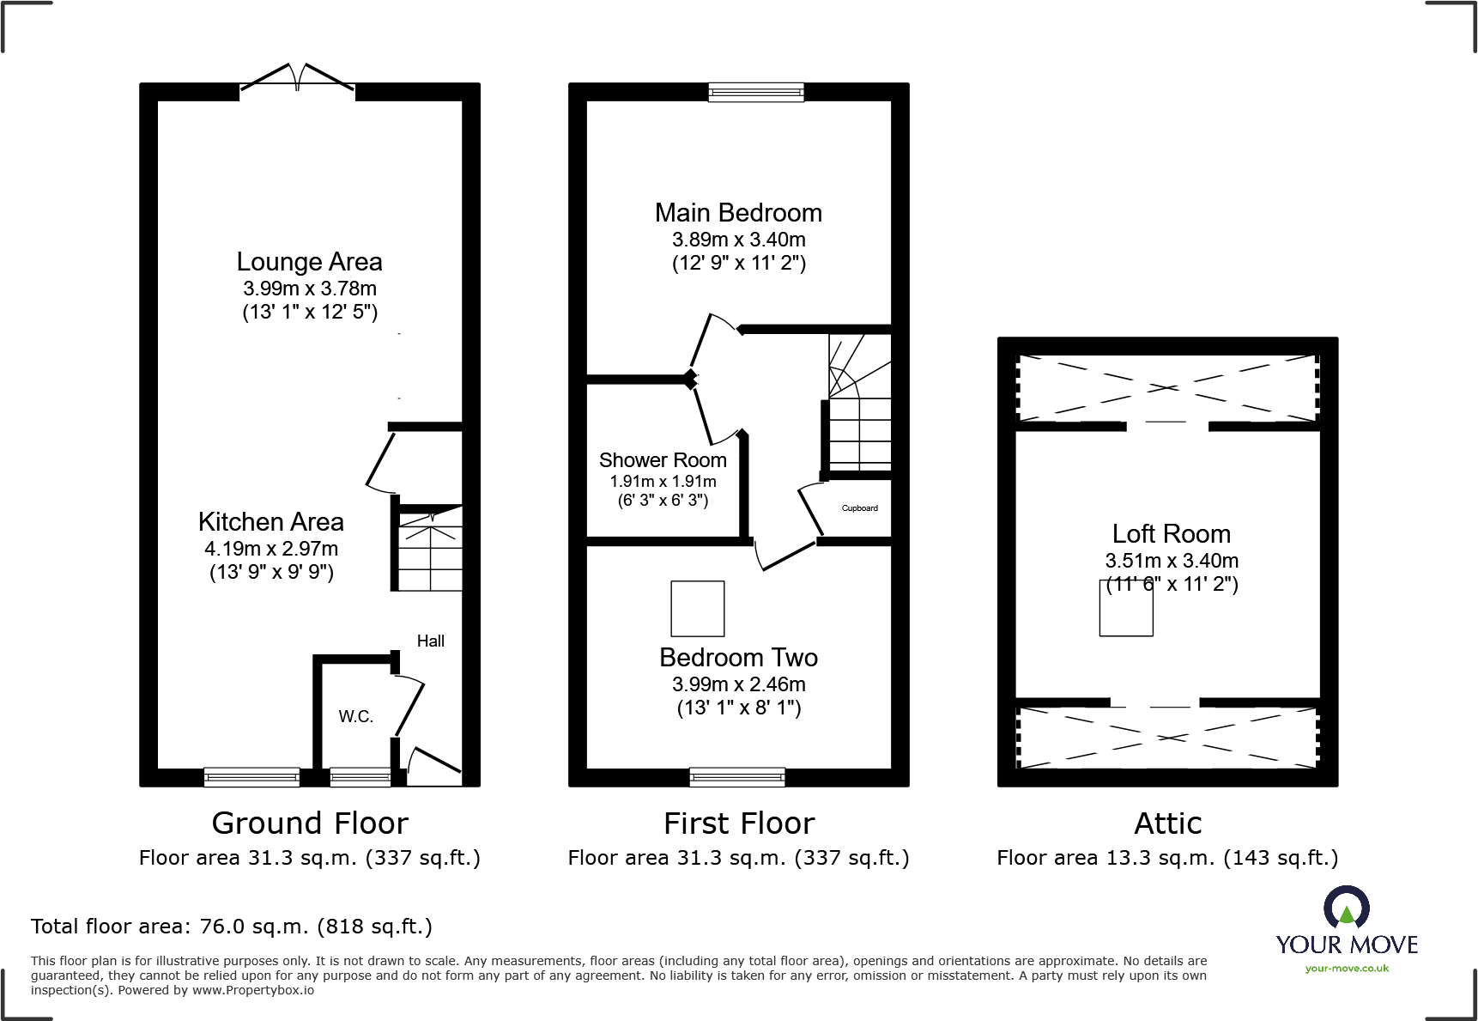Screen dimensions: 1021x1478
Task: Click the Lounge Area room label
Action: point(309,262)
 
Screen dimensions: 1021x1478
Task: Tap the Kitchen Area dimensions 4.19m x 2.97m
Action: point(271,549)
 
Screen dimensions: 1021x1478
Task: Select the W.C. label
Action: point(355,716)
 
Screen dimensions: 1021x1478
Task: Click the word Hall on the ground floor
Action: point(430,641)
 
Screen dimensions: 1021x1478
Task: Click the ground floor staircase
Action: point(429,550)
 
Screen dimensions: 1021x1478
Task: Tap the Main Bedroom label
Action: point(738,213)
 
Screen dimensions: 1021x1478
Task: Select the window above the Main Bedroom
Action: point(756,92)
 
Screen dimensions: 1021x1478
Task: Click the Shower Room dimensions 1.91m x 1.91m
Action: point(663,482)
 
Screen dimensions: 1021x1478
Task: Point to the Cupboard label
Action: point(859,508)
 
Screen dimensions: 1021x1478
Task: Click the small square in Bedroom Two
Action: point(697,608)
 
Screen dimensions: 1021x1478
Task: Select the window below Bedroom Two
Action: point(737,777)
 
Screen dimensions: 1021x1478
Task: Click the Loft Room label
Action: point(1171,534)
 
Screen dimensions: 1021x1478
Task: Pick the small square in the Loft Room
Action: point(1125,608)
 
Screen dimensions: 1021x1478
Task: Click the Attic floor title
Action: point(1167,823)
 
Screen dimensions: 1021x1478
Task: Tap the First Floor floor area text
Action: point(738,858)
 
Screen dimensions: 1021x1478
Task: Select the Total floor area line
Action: point(232,927)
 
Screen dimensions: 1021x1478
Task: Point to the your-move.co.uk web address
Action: point(1346,969)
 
